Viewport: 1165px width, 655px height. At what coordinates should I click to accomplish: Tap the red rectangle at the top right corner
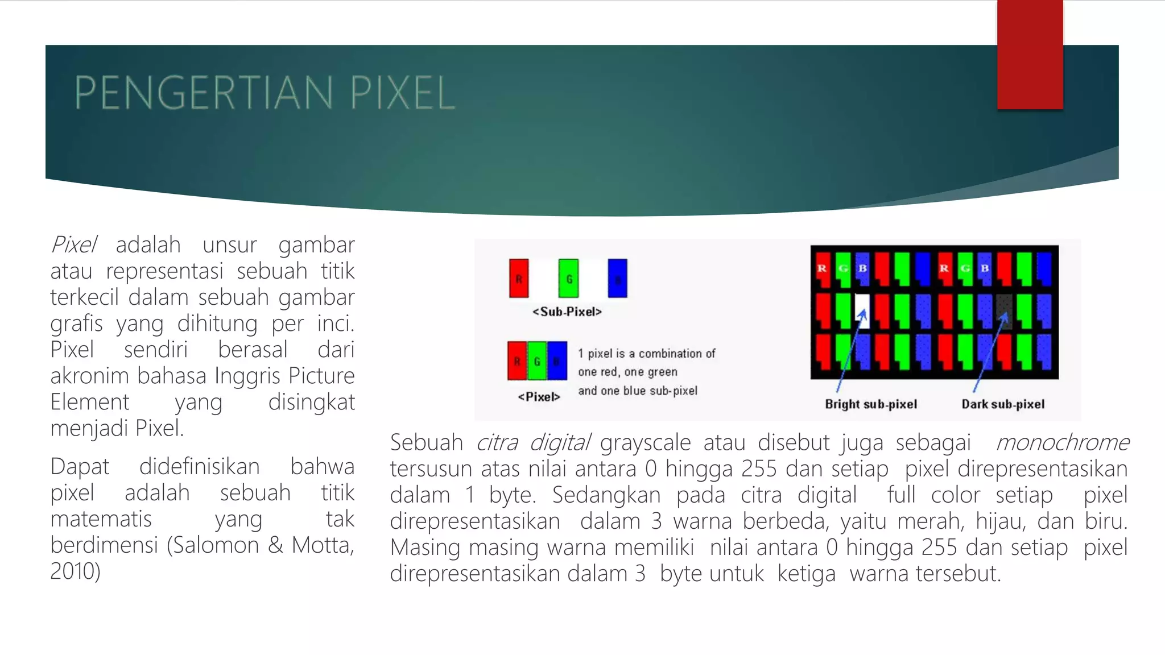tap(1030, 55)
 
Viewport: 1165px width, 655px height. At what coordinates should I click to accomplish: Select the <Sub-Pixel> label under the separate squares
tap(567, 312)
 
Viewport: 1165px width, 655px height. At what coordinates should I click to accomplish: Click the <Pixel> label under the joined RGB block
tap(539, 397)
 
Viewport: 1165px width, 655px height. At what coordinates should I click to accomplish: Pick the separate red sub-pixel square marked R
tap(519, 279)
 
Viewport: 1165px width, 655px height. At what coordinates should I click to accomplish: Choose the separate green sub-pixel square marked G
tap(568, 279)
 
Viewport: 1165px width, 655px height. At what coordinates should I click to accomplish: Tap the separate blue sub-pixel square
tap(617, 279)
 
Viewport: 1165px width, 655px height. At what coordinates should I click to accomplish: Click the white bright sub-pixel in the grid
tap(862, 310)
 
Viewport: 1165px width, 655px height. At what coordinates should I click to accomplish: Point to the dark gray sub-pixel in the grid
tap(1005, 310)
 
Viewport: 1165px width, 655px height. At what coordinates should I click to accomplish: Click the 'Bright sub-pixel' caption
tap(871, 404)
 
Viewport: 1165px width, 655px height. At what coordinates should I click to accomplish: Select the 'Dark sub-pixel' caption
tap(1003, 404)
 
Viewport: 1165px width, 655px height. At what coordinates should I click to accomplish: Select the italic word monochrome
tap(1062, 443)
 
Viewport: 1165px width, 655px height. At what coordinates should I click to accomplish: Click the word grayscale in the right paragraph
tap(645, 443)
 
